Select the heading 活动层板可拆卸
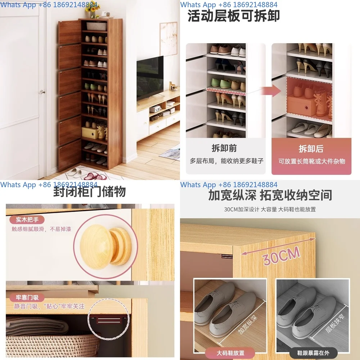234,16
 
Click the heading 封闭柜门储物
90,192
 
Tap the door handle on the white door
42,92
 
